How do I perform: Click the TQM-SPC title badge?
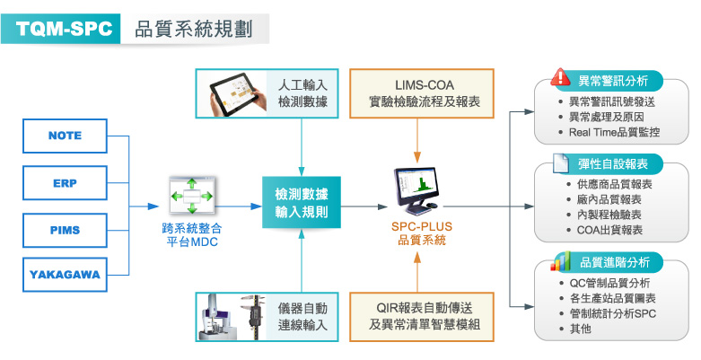pyautogui.click(x=61, y=29)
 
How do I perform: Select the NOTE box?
pyautogui.click(x=65, y=136)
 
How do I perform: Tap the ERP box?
pyautogui.click(x=65, y=183)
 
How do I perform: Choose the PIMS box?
pyautogui.click(x=65, y=231)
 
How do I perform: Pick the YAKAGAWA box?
pyautogui.click(x=65, y=275)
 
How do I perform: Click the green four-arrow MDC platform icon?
pyautogui.click(x=192, y=196)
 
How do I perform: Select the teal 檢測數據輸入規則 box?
pyautogui.click(x=302, y=202)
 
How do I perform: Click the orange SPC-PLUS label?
pyautogui.click(x=422, y=226)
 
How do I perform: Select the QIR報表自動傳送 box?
pyautogui.click(x=422, y=317)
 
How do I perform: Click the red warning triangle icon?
pyautogui.click(x=560, y=77)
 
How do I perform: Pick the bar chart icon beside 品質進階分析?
pyautogui.click(x=561, y=260)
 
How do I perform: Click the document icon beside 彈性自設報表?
pyautogui.click(x=561, y=163)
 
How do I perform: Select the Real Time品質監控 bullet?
pyautogui.click(x=609, y=132)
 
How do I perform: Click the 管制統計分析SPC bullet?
pyautogui.click(x=607, y=313)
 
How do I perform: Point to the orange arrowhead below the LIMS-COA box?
pyautogui.click(x=417, y=157)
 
